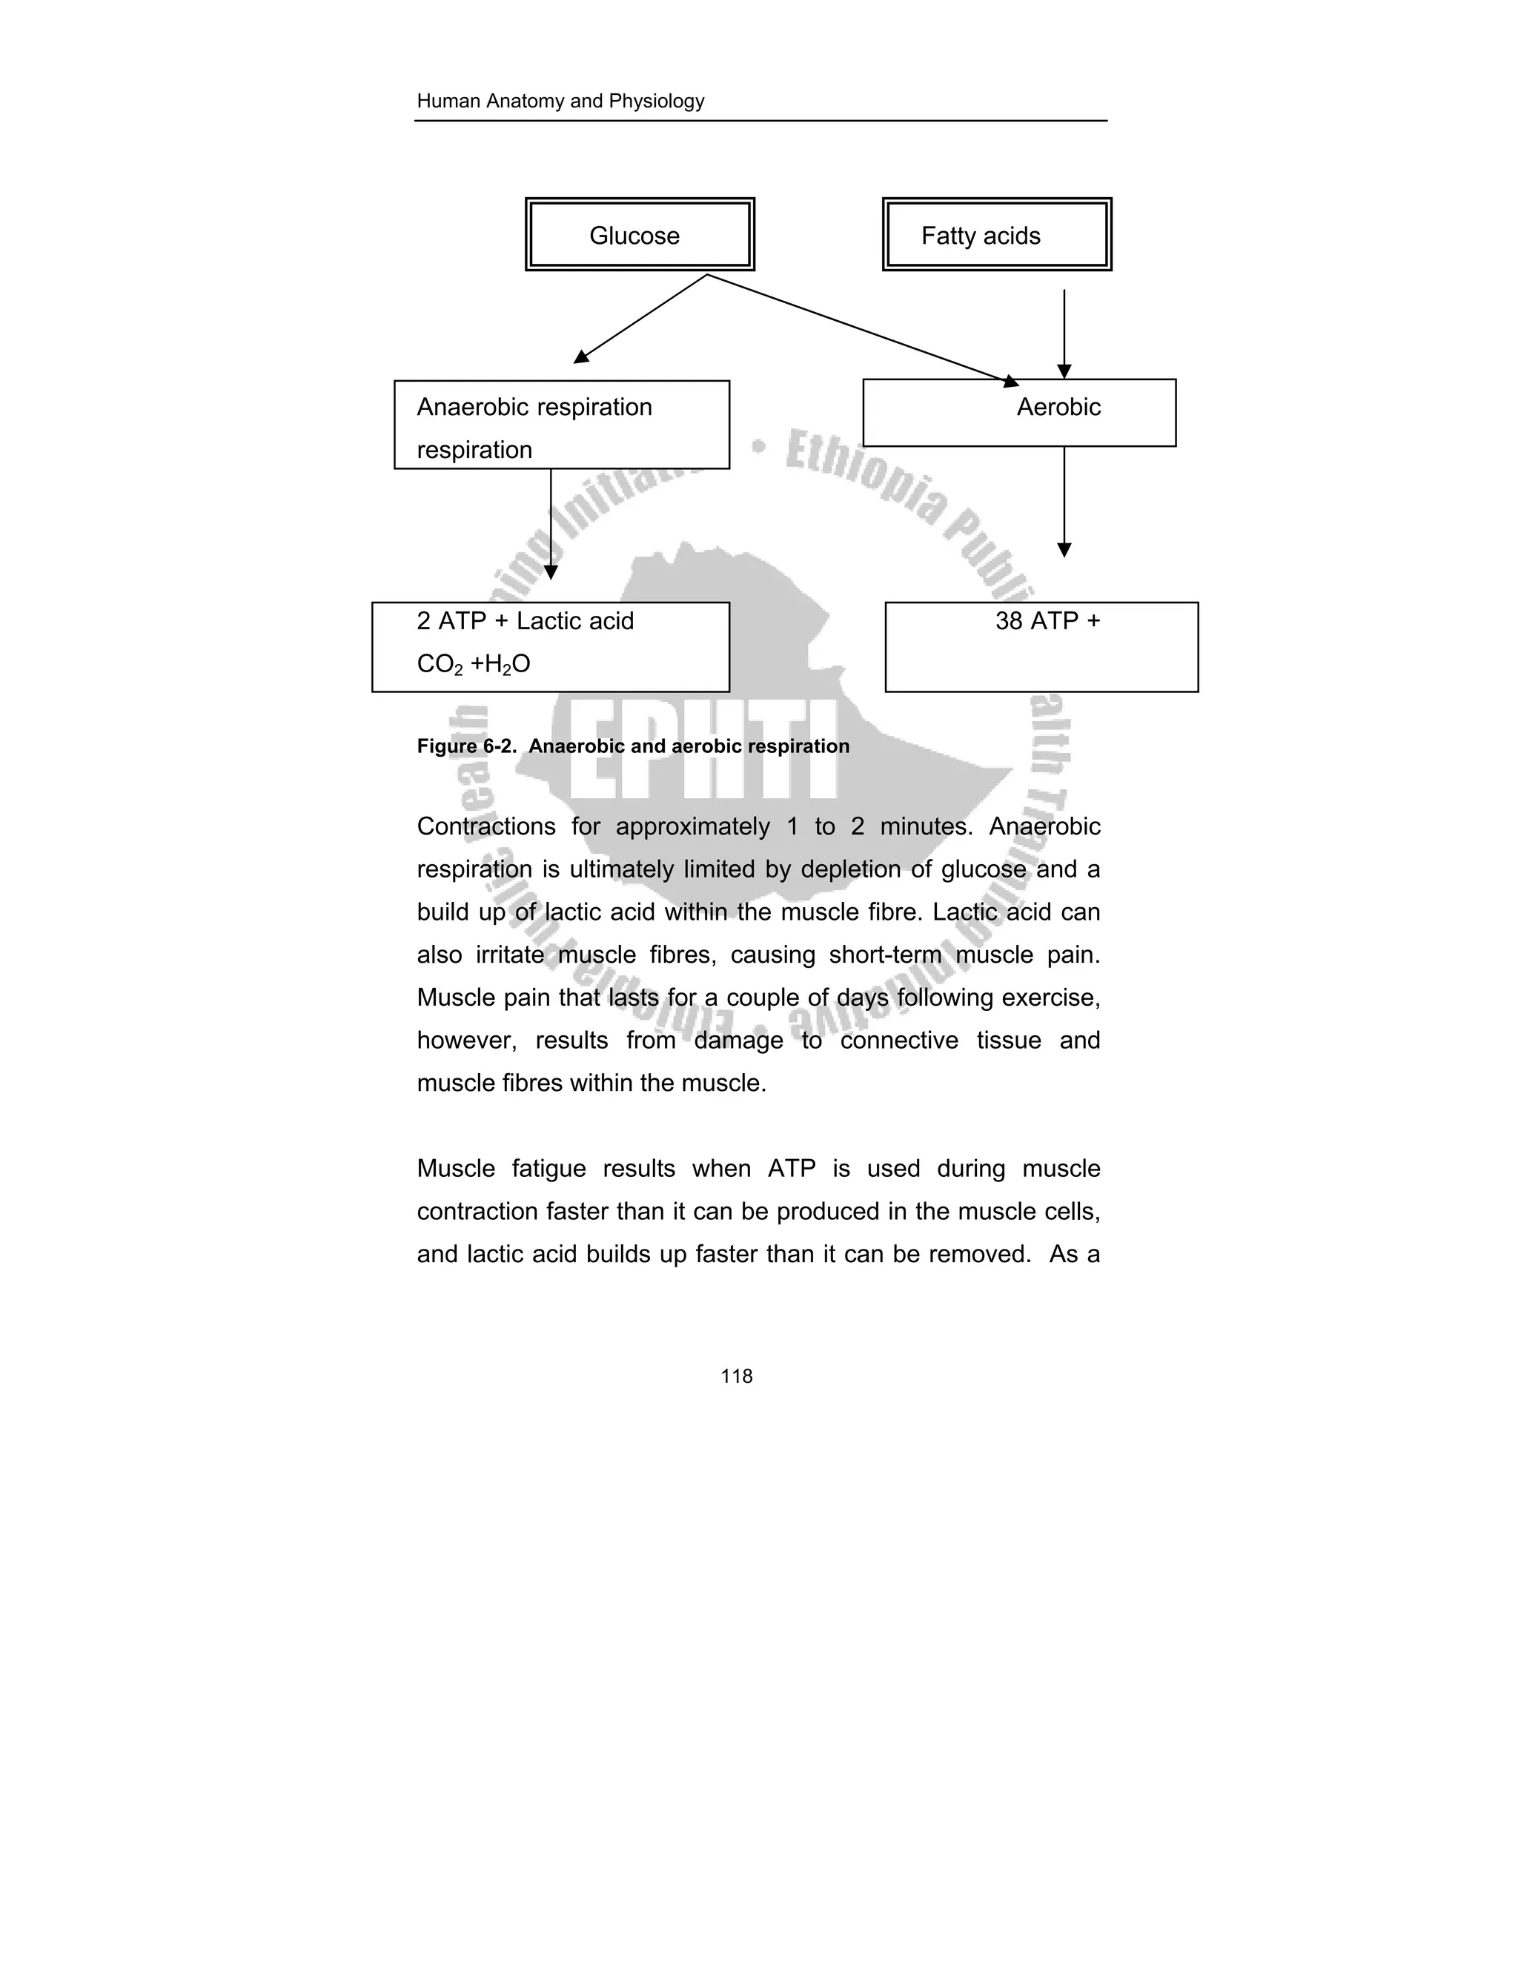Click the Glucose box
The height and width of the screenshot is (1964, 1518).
[x=640, y=235]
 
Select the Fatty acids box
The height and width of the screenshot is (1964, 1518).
[x=996, y=235]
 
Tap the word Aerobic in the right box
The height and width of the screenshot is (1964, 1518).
[x=1058, y=408]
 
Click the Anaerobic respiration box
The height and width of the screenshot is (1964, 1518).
[x=561, y=425]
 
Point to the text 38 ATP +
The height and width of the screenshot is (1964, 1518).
[x=1047, y=621]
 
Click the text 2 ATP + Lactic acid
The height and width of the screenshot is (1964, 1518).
[x=526, y=621]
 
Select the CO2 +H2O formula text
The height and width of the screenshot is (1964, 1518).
[x=473, y=665]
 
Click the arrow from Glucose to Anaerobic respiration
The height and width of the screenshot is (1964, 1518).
[x=640, y=319]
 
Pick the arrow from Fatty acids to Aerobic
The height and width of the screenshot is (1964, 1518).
[x=1064, y=333]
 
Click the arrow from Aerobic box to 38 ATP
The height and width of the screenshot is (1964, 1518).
[x=1064, y=501]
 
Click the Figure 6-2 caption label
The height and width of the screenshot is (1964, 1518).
[x=632, y=746]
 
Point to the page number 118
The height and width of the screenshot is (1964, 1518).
[x=737, y=1376]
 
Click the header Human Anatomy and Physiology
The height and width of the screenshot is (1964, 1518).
[x=560, y=102]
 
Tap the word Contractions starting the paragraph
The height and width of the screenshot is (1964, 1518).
[x=485, y=826]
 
